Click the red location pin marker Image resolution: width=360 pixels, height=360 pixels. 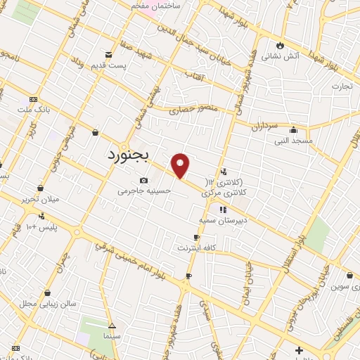click(181, 165)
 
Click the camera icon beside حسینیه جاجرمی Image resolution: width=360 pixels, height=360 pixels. click(143, 180)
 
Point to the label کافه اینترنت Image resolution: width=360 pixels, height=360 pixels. click(196, 248)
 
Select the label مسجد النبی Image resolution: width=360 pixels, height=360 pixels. click(293, 141)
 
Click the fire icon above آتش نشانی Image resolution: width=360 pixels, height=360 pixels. click(280, 44)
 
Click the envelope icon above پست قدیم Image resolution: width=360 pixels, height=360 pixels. click(108, 55)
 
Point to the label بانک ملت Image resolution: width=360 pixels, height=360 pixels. click(34, 110)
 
